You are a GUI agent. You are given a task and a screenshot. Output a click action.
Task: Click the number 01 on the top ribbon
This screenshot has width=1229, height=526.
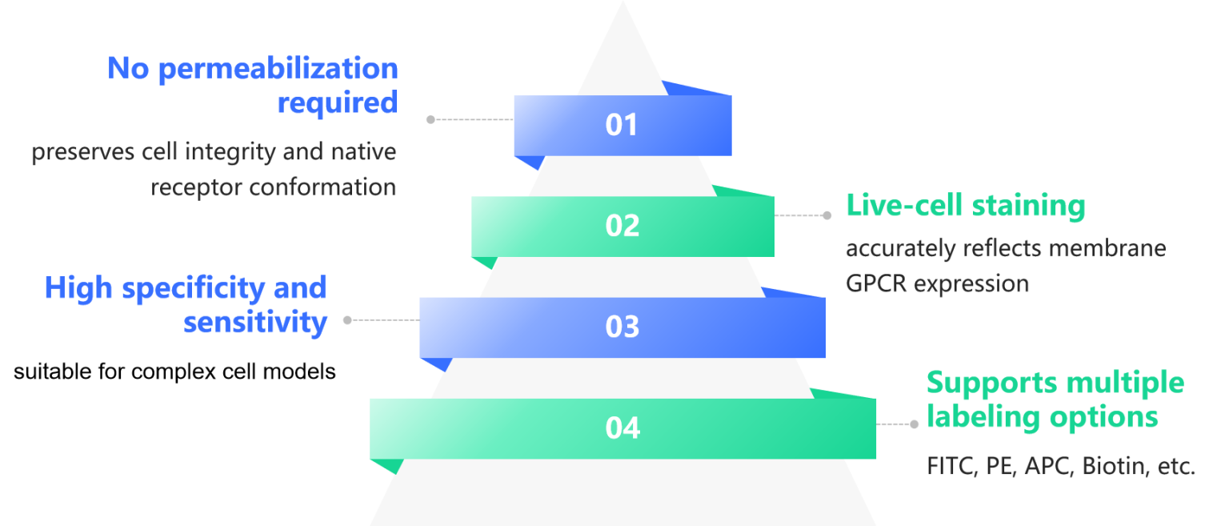tap(621, 125)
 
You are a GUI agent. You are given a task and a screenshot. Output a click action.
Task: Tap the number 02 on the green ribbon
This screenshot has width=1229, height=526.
tap(623, 226)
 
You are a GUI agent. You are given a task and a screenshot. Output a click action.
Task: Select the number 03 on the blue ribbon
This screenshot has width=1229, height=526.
tap(623, 327)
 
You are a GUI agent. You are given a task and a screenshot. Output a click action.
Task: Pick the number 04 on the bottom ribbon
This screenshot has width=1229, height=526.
tap(623, 428)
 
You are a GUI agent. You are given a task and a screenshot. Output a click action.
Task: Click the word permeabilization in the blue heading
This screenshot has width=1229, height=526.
tap(278, 70)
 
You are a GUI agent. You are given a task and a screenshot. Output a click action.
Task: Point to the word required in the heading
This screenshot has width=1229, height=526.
tap(338, 103)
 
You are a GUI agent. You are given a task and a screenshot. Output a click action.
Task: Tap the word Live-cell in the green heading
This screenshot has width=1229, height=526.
tap(905, 205)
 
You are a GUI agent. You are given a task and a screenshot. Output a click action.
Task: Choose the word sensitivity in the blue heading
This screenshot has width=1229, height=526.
tap(255, 322)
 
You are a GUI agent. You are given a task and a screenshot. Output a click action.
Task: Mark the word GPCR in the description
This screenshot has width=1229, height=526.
tap(876, 284)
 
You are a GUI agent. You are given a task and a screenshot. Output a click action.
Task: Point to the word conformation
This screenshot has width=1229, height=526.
tap(322, 187)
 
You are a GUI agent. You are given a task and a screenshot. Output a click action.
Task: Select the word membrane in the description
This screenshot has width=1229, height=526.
tap(1107, 248)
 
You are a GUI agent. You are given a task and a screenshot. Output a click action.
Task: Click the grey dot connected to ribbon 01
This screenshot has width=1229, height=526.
tap(430, 120)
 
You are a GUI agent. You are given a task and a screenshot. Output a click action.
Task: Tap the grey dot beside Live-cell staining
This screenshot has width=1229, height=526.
tap(827, 216)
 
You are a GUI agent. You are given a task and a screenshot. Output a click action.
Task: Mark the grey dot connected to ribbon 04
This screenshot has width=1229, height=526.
tap(914, 424)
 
